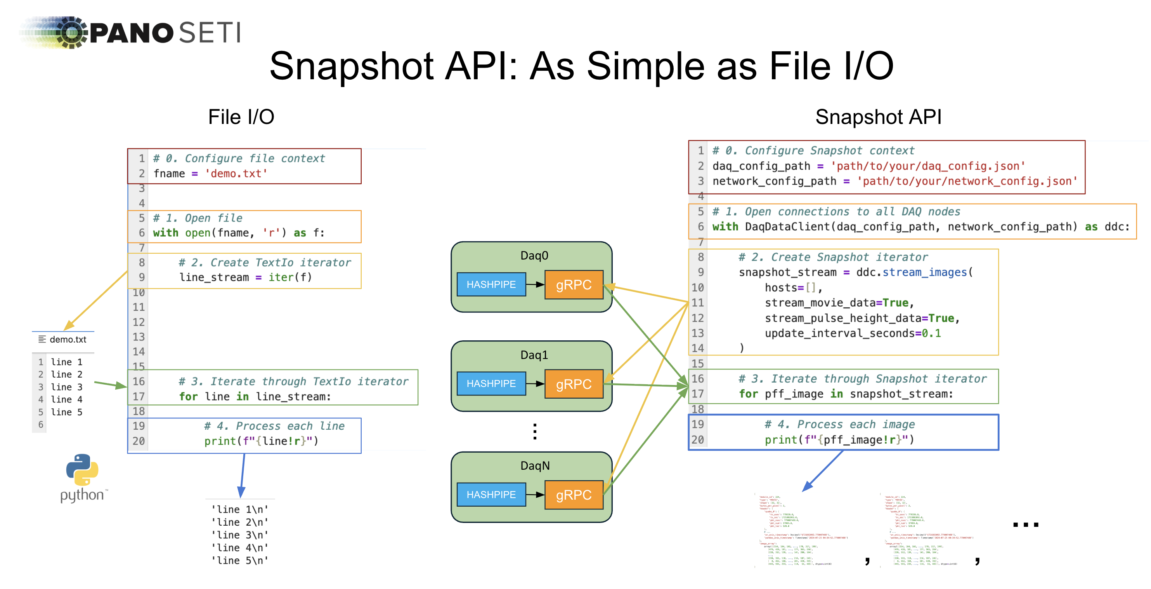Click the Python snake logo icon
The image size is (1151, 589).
(x=82, y=470)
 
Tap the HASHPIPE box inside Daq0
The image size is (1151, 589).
(x=491, y=284)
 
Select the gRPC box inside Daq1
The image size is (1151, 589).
(x=574, y=384)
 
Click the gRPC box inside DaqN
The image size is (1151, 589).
(x=574, y=495)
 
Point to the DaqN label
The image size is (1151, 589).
(x=535, y=465)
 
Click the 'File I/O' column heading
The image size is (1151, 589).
(x=241, y=117)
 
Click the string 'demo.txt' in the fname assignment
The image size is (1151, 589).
(x=236, y=174)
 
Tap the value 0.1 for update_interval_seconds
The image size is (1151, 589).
(x=932, y=333)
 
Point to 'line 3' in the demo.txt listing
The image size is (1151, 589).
(x=67, y=387)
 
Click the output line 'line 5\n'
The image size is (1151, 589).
(x=240, y=560)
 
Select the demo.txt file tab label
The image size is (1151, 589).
(x=68, y=340)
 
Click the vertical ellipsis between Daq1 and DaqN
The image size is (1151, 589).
(x=535, y=432)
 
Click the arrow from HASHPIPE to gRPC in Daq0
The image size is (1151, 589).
(x=535, y=284)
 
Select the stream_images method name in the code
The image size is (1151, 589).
(x=924, y=272)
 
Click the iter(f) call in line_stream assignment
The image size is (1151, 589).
(x=290, y=277)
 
